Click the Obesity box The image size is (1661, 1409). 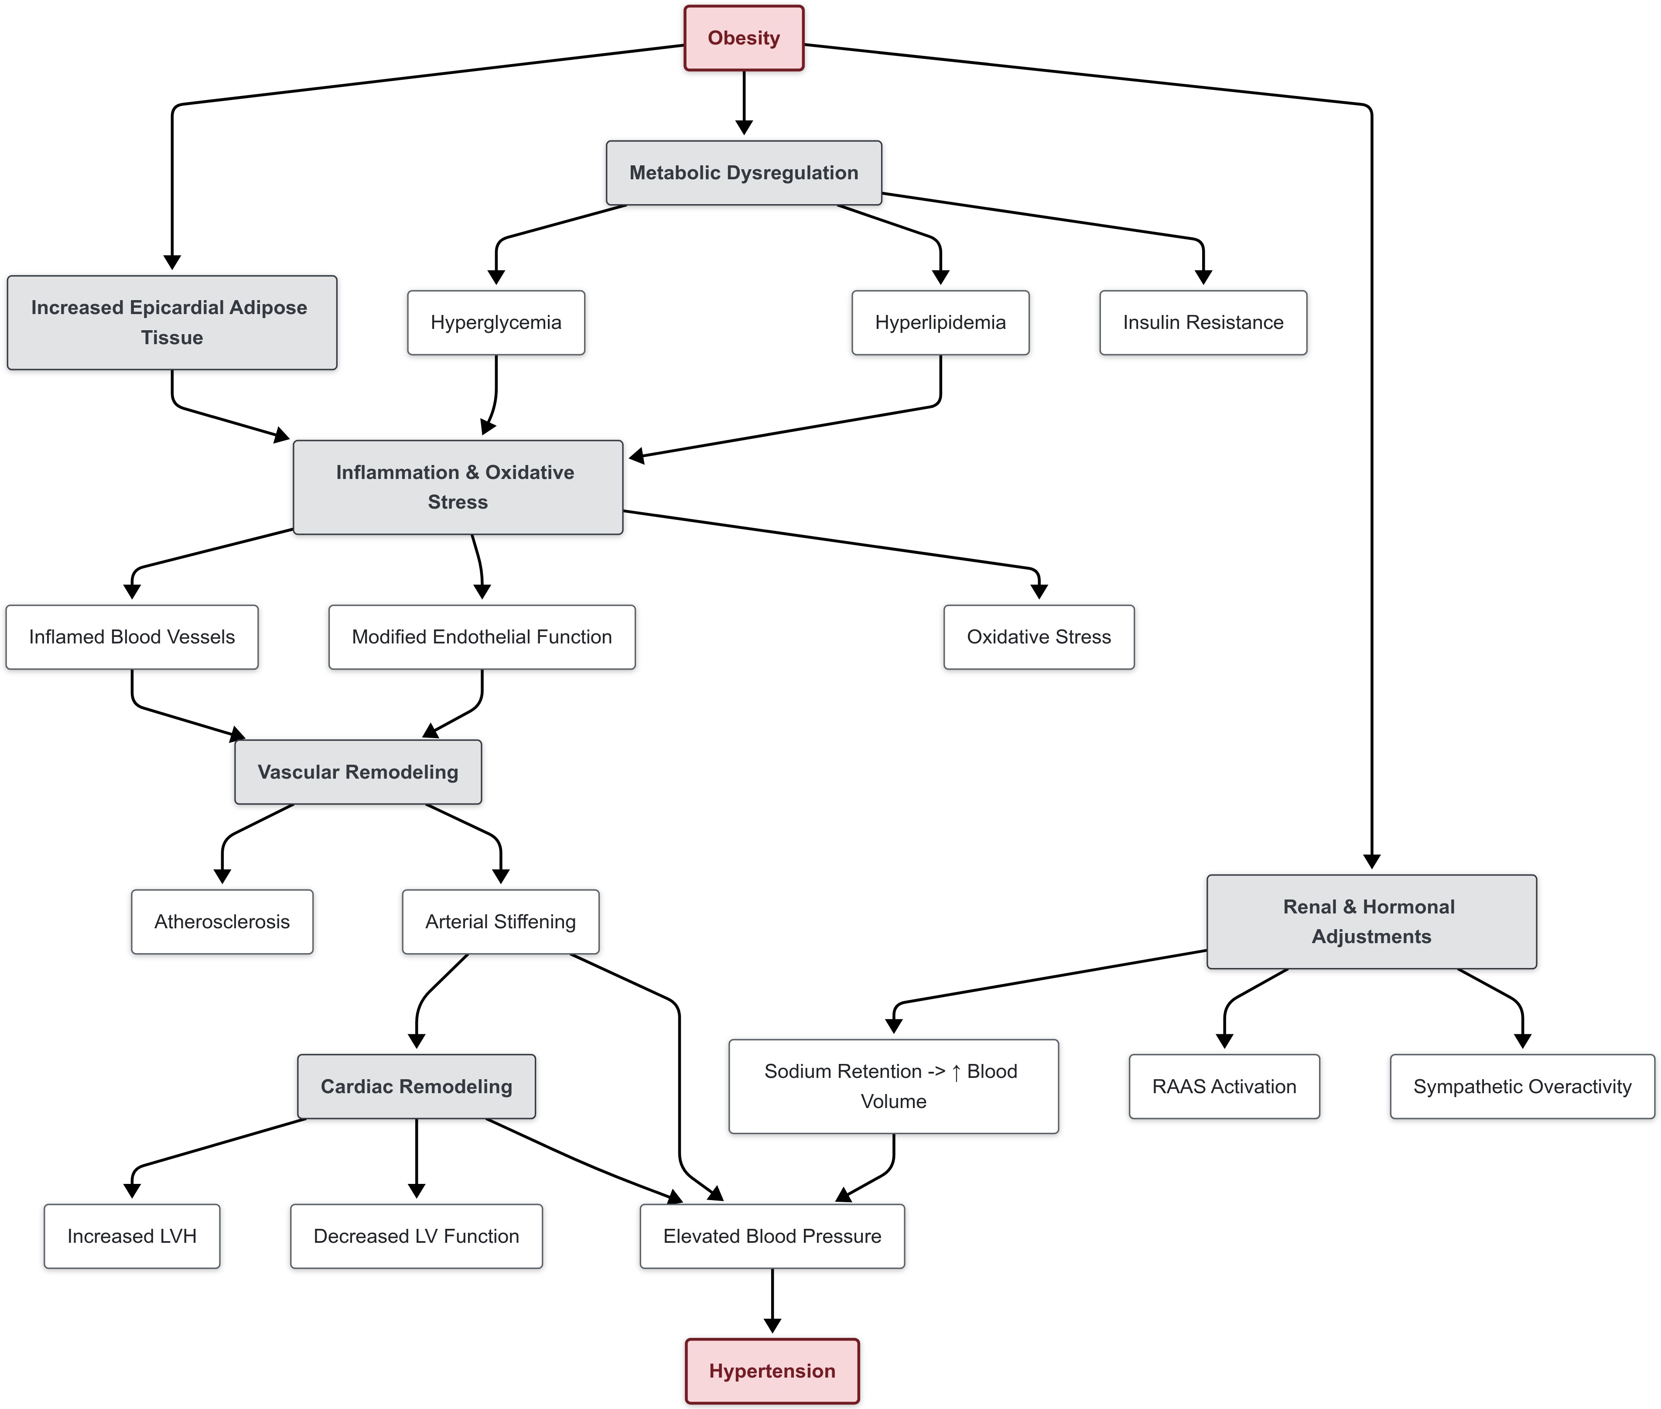[x=743, y=38]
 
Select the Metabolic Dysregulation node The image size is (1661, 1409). [x=743, y=173]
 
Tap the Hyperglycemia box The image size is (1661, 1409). [x=496, y=323]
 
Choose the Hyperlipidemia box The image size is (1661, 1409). [x=940, y=323]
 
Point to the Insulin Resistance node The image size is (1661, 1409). [x=1203, y=323]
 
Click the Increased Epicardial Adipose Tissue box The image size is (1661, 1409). [x=172, y=323]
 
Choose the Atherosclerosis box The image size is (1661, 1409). [x=222, y=922]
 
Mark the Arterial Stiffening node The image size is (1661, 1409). [x=501, y=922]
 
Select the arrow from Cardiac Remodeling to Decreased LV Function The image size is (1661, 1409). [x=416, y=1158]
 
